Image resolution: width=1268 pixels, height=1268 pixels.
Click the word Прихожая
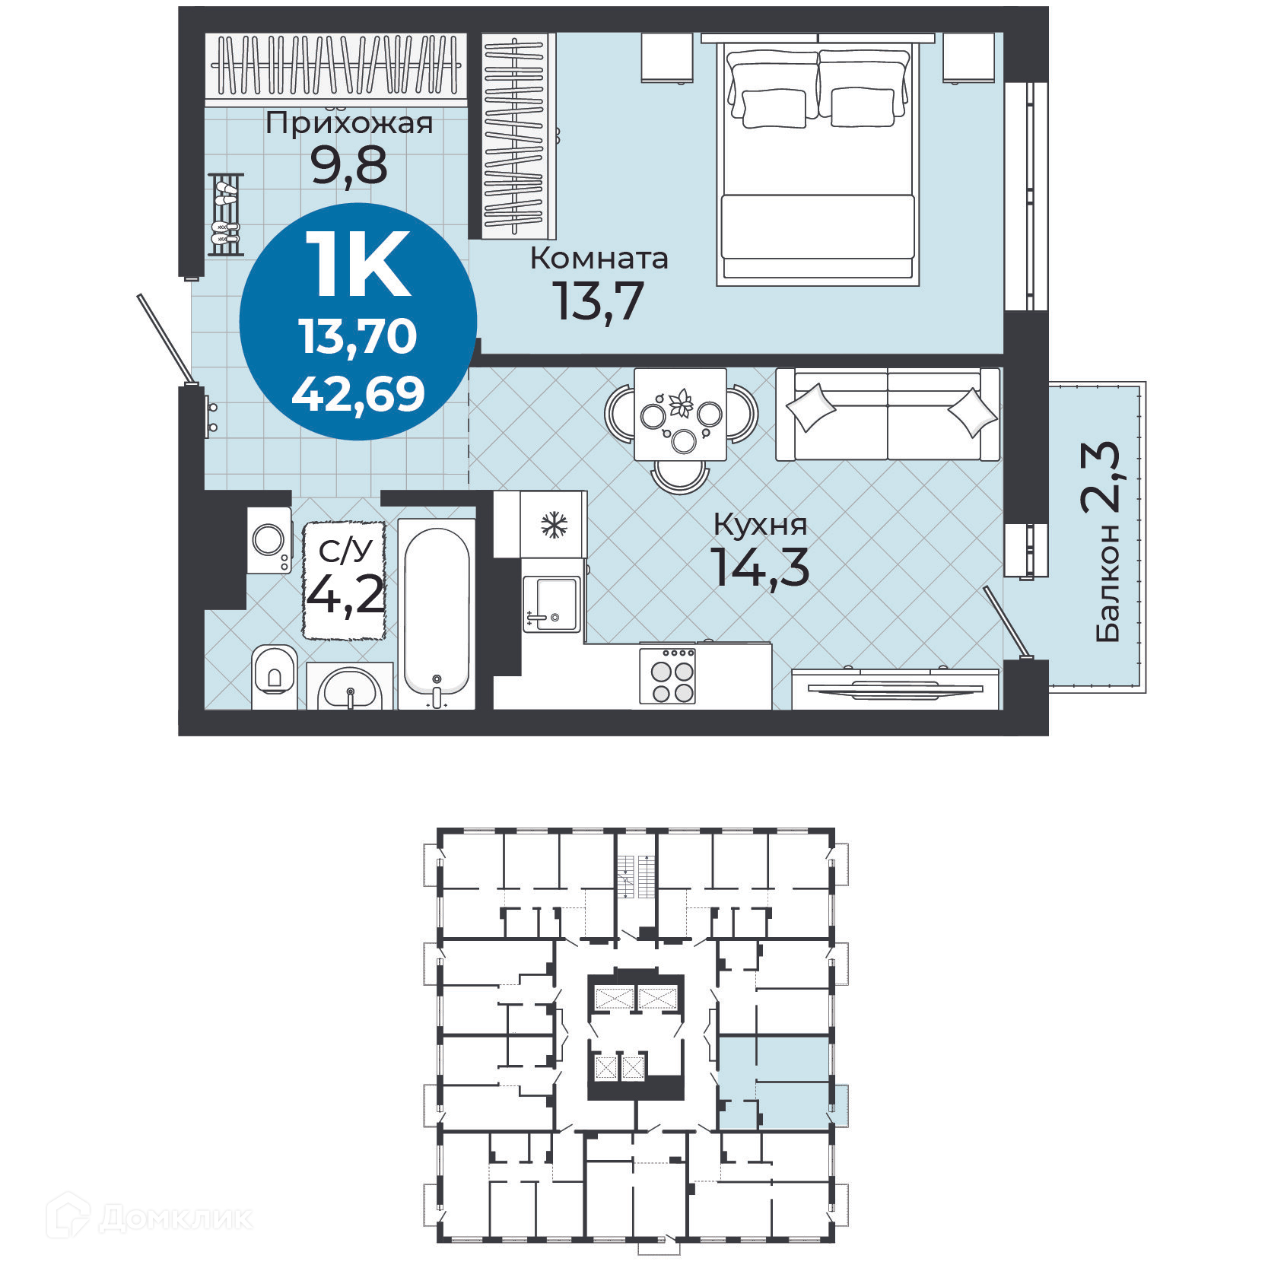[349, 123]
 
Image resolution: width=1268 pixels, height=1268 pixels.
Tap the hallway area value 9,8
[349, 165]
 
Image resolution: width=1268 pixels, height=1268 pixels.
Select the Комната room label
[599, 259]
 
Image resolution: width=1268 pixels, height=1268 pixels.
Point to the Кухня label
[760, 524]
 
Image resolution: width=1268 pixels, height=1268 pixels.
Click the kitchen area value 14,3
[760, 567]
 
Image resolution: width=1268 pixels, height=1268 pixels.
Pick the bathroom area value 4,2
[345, 595]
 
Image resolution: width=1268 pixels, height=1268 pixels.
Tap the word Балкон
[1108, 582]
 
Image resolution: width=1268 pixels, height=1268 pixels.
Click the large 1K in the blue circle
[358, 264]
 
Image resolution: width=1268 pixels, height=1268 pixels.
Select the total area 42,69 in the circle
[358, 394]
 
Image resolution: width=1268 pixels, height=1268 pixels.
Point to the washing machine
[269, 541]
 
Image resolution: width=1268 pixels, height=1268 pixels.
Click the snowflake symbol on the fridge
[554, 525]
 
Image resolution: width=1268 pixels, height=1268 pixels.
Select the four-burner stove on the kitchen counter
[667, 675]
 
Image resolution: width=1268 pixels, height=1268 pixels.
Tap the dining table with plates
[680, 415]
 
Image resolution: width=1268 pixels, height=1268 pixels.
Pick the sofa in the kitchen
[888, 415]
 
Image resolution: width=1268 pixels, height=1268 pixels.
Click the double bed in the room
[818, 162]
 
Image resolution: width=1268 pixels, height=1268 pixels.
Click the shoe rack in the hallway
[226, 214]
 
